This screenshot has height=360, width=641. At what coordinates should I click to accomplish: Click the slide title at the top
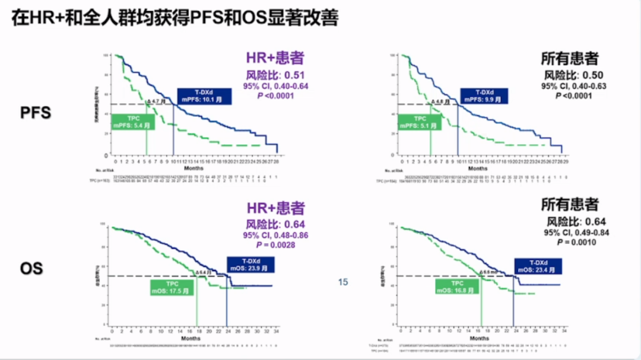[x=175, y=19]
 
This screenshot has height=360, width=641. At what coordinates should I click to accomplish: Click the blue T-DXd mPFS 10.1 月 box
[x=205, y=95]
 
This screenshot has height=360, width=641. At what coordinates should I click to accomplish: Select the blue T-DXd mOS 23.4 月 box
[x=538, y=266]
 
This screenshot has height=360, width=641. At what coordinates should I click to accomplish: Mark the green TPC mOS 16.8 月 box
[x=457, y=286]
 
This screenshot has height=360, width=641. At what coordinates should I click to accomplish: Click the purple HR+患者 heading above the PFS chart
[x=275, y=58]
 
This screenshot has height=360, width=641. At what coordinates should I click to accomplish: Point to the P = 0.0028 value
[x=275, y=244]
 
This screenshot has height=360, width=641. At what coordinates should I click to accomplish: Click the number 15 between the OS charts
[x=343, y=282]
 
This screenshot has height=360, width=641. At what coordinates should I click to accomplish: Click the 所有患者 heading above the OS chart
[x=570, y=205]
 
